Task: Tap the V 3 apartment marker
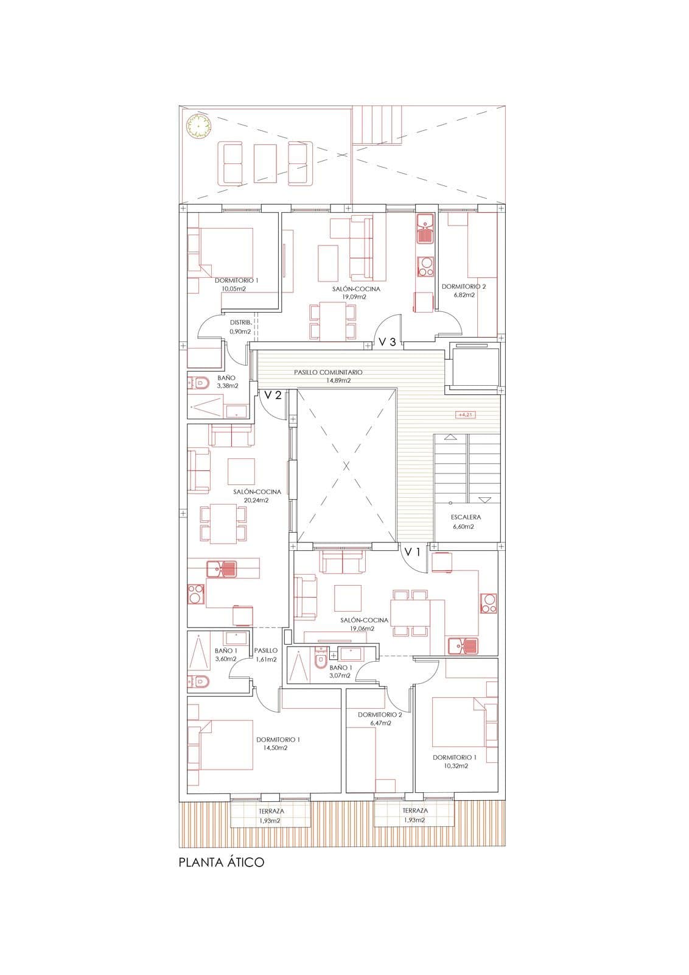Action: click(x=387, y=342)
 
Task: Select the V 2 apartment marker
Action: click(x=273, y=395)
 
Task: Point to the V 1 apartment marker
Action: click(x=413, y=552)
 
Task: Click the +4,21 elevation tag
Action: click(x=464, y=415)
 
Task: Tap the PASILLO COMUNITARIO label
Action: click(x=328, y=372)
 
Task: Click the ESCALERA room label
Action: click(x=466, y=517)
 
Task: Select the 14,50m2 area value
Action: click(x=275, y=748)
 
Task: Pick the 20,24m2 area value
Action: click(x=256, y=500)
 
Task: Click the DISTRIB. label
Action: click(x=240, y=322)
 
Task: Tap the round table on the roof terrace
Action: click(x=198, y=126)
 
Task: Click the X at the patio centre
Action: click(x=346, y=466)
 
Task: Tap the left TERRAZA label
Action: click(x=271, y=811)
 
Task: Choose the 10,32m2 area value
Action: click(x=456, y=766)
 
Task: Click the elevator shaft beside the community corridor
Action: click(x=475, y=366)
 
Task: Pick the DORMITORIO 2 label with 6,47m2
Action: click(x=380, y=715)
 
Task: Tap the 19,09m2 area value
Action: click(x=354, y=297)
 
